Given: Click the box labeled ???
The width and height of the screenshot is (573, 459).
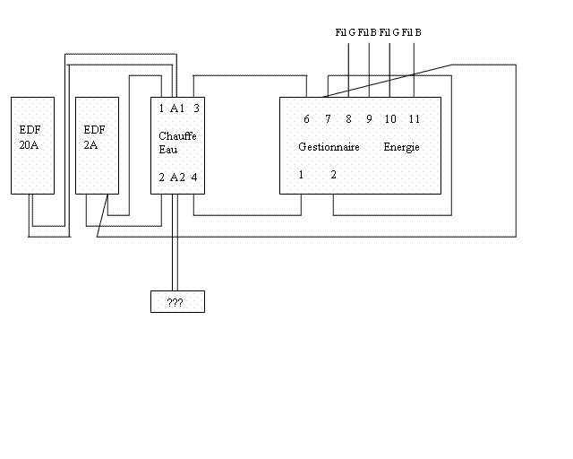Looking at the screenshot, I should (176, 302).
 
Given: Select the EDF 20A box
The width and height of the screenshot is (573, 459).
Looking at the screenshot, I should (32, 145).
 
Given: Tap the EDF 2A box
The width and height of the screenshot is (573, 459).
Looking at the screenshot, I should (97, 145).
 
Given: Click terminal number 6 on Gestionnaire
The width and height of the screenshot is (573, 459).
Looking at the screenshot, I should (306, 119).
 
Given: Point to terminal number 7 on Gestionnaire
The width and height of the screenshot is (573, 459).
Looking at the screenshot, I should (328, 119).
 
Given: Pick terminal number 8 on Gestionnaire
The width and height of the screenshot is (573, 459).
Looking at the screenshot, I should (348, 119).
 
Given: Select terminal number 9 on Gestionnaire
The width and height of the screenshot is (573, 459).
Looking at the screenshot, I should (369, 119).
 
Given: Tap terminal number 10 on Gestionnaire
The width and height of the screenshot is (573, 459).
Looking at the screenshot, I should (390, 119).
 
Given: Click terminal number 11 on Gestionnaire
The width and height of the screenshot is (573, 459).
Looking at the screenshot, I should (414, 119).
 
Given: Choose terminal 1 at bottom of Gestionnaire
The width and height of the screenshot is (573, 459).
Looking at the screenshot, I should (302, 175).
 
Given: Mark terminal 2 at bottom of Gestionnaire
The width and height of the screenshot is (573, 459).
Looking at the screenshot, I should (333, 175).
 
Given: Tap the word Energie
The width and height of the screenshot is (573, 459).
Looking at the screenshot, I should (402, 147).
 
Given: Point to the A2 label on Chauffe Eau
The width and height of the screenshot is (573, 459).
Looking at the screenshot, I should (177, 177).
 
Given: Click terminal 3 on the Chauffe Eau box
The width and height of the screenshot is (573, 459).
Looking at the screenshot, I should (196, 108).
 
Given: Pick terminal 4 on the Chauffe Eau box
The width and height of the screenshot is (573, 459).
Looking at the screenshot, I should (194, 177).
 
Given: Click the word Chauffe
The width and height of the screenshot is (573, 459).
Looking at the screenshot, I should (177, 135).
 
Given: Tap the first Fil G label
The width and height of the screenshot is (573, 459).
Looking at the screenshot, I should (346, 32).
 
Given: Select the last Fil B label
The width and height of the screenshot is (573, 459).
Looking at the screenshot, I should (412, 32).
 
